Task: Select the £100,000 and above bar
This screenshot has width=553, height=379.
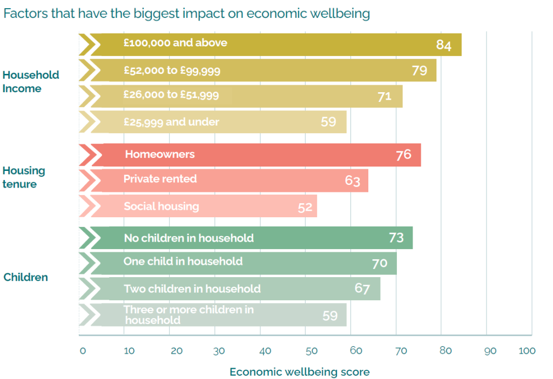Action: coord(270,44)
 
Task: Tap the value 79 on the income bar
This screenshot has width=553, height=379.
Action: coord(420,71)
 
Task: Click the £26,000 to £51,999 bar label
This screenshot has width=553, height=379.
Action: coord(171,95)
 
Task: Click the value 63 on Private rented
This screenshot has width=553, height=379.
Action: coord(352,181)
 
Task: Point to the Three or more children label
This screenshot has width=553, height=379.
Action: coord(188,315)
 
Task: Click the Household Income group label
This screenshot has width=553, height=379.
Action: coord(31,81)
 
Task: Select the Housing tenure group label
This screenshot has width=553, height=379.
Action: coord(24,177)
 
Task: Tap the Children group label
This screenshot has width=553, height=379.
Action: coord(26,278)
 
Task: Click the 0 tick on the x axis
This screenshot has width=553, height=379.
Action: coord(83,351)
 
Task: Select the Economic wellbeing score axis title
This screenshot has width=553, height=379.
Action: coord(300,372)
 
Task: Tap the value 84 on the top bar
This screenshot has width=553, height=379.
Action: coord(443,45)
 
